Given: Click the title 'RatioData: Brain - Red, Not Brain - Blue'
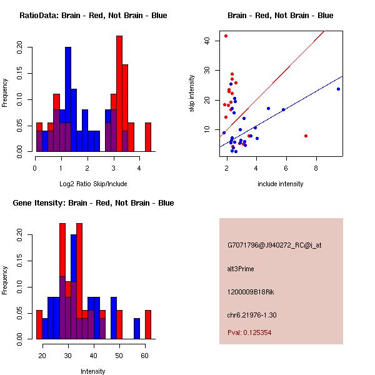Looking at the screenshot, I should [92, 16].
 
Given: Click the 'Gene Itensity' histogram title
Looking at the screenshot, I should [92, 203].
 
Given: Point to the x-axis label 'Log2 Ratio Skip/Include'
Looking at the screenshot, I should [92, 184].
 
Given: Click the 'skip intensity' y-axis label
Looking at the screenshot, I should [192, 94].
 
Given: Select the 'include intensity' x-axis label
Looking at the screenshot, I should [280, 184].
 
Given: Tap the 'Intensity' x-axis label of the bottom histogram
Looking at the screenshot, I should [92, 371].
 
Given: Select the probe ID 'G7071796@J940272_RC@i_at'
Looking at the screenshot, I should [274, 246].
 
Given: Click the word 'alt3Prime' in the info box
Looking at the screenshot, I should [241, 269].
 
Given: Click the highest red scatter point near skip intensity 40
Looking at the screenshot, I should [226, 36].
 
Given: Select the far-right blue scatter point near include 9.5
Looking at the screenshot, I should [338, 89].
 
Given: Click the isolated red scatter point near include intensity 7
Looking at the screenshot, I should [306, 136].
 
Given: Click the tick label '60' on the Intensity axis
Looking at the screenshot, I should [144, 355].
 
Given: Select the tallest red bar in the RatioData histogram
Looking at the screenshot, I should [119, 94].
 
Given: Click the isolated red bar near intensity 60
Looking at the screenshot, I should [148, 324].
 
